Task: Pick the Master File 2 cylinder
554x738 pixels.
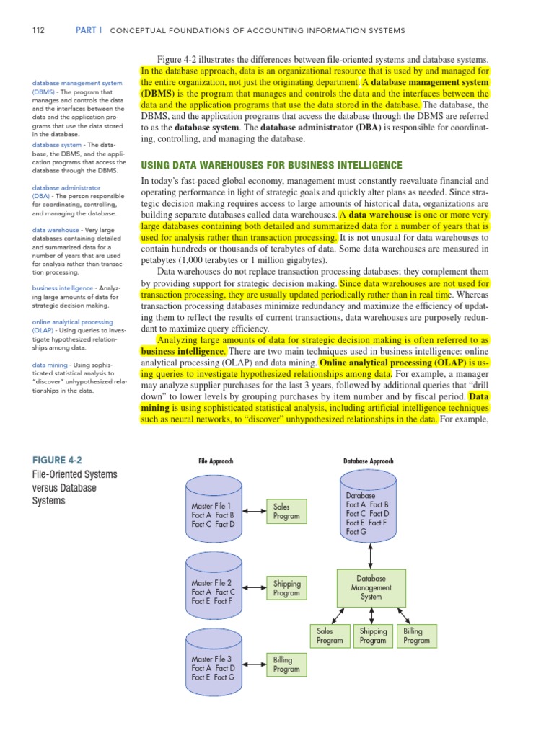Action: click(x=214, y=587)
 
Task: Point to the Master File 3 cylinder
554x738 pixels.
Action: click(x=214, y=664)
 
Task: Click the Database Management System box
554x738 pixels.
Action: click(x=371, y=587)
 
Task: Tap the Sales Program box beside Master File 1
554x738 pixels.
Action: click(x=286, y=512)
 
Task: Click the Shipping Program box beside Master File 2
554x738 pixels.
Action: click(x=286, y=588)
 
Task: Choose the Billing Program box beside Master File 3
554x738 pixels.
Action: click(x=286, y=664)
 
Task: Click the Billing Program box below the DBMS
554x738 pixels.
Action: click(x=416, y=636)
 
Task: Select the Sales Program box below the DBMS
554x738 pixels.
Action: click(x=330, y=636)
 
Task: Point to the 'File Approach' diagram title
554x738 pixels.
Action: click(x=216, y=461)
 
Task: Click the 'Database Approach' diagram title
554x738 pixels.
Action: click(x=369, y=461)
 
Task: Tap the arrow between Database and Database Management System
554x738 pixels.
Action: click(x=371, y=556)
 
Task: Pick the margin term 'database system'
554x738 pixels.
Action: click(x=56, y=145)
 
